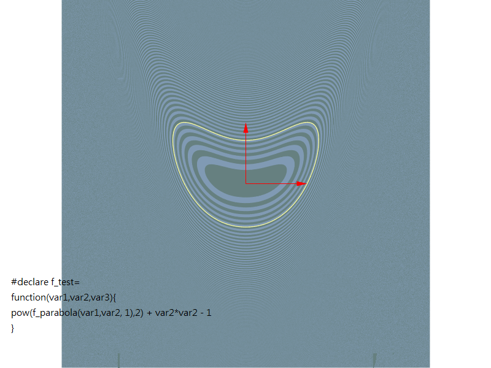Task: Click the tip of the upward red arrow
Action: tap(246, 123)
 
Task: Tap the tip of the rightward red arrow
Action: tap(306, 183)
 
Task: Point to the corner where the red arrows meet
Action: tap(246, 183)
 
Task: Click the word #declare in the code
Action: tap(30, 282)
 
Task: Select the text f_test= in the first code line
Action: tap(66, 282)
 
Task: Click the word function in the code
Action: tap(28, 297)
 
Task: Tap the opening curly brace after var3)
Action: tap(114, 297)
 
